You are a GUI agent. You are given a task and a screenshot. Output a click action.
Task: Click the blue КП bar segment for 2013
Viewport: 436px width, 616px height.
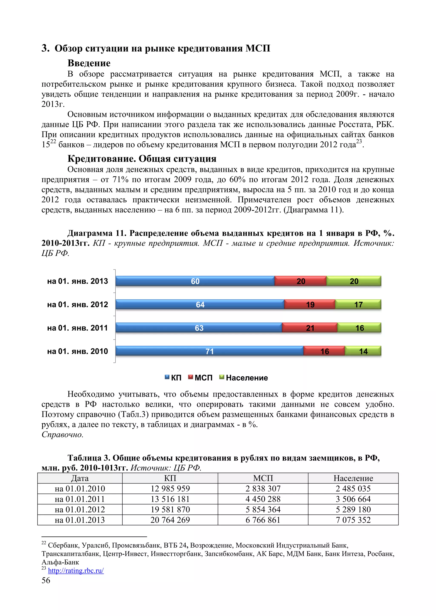(x=195, y=281)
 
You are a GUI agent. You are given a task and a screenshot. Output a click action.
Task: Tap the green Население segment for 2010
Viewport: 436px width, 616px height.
(x=363, y=351)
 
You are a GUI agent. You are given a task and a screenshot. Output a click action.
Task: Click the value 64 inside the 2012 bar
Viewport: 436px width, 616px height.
(x=200, y=305)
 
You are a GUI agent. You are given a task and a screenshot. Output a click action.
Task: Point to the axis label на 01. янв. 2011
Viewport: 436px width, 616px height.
(x=77, y=328)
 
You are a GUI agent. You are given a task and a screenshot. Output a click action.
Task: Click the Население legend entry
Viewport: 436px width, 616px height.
(x=244, y=378)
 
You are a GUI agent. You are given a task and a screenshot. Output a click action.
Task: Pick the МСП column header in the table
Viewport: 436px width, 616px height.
(x=263, y=478)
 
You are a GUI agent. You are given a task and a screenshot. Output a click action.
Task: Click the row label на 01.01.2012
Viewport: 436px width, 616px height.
(x=80, y=509)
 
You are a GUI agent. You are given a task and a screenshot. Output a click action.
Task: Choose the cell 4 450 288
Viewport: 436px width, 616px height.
(x=263, y=499)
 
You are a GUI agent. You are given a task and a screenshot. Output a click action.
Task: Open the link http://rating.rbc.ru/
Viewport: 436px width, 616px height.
(x=76, y=570)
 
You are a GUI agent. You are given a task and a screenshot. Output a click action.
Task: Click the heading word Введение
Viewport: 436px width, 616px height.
(x=89, y=63)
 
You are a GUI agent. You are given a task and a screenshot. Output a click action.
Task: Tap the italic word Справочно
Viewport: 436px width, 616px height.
(x=62, y=434)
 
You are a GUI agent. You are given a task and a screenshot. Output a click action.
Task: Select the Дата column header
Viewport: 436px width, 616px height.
(x=80, y=478)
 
